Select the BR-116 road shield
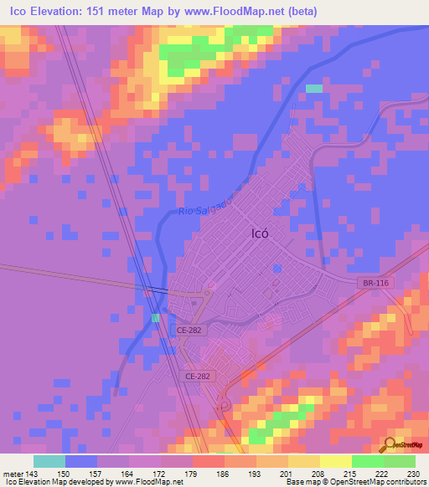coord(373,285)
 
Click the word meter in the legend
coord(13,474)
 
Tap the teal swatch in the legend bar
coord(49,461)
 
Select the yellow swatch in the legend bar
coord(335,461)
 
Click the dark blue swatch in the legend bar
coord(81,461)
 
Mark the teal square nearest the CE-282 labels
coord(156,318)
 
